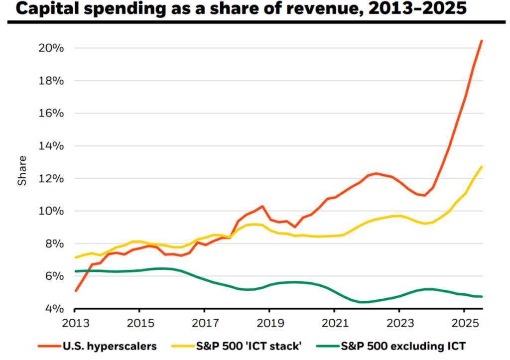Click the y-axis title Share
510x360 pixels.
(x=22, y=171)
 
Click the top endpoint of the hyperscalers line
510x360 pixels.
(x=482, y=40)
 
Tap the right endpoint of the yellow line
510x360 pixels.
(x=482, y=167)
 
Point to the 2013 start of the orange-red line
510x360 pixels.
(x=75, y=291)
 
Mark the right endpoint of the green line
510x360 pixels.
(x=482, y=297)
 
